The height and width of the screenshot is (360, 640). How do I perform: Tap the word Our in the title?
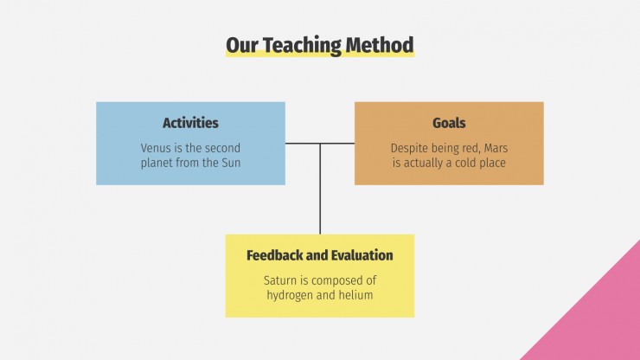[240, 45]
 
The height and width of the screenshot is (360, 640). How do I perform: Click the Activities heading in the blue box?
[190, 123]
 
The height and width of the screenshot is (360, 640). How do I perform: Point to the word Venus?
[157, 148]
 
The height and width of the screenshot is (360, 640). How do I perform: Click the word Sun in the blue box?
[231, 163]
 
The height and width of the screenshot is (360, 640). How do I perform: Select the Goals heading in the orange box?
[449, 123]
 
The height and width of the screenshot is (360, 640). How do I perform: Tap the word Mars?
[493, 148]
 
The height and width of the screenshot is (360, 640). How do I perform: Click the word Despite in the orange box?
[410, 148]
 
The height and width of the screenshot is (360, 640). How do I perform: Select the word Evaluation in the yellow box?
[364, 255]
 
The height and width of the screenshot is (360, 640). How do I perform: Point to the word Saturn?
[282, 280]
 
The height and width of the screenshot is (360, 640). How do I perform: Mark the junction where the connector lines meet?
[320, 143]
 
